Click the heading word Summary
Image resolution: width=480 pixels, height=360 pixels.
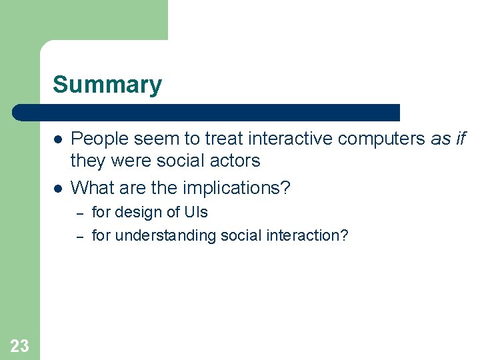pos(107,85)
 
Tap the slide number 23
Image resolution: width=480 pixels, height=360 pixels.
pos(19,345)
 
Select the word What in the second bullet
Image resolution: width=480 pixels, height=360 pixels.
pos(90,188)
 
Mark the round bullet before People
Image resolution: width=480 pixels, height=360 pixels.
pos(58,139)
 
